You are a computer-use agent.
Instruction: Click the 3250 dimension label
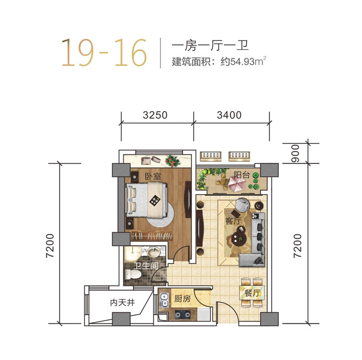(155, 115)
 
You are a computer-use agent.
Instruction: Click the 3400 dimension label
(229, 115)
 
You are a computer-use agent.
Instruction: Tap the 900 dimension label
(295, 153)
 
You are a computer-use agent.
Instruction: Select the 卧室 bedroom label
(152, 176)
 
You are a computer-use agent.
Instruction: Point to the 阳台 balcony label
(242, 175)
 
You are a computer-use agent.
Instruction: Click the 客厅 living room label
(233, 221)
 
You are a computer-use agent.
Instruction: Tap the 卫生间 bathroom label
(147, 266)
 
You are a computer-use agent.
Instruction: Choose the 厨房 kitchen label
(182, 299)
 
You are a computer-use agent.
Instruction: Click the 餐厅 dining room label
(252, 293)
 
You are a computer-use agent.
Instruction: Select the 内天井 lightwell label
(122, 303)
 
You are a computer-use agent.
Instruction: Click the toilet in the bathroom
(133, 275)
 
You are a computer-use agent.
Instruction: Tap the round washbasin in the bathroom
(153, 252)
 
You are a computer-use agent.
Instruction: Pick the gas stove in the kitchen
(183, 314)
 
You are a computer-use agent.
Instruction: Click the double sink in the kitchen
(164, 300)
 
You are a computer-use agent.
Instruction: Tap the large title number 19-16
(104, 52)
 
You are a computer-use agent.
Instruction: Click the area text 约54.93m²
(243, 62)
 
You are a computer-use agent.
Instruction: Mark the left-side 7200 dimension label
(50, 246)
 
